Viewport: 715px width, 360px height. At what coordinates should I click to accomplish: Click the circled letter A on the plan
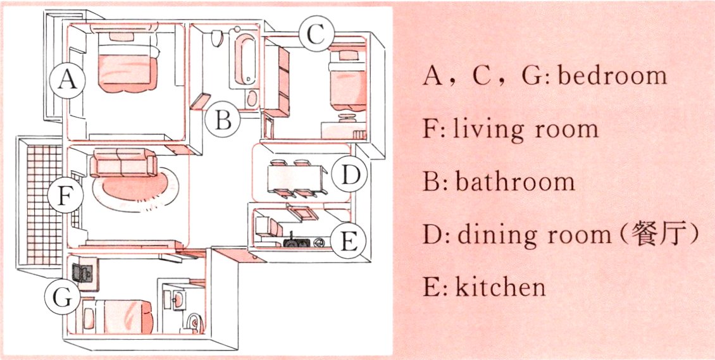coord(68,80)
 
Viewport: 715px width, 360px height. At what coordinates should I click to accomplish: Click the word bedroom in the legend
coord(612,75)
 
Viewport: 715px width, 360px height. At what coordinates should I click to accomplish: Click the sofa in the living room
coord(124,163)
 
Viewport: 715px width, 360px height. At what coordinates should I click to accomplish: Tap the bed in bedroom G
coord(118,314)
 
